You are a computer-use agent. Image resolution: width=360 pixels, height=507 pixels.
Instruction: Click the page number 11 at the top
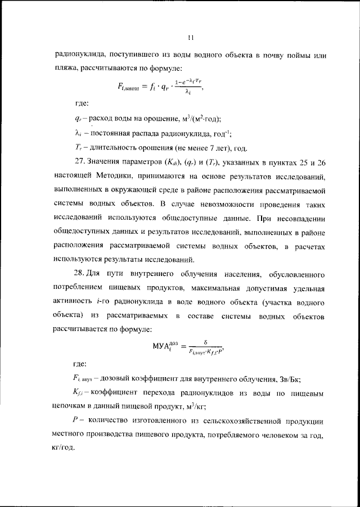[x=191, y=38]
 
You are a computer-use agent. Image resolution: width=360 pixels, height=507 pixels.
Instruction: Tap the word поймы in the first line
[x=299, y=56]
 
